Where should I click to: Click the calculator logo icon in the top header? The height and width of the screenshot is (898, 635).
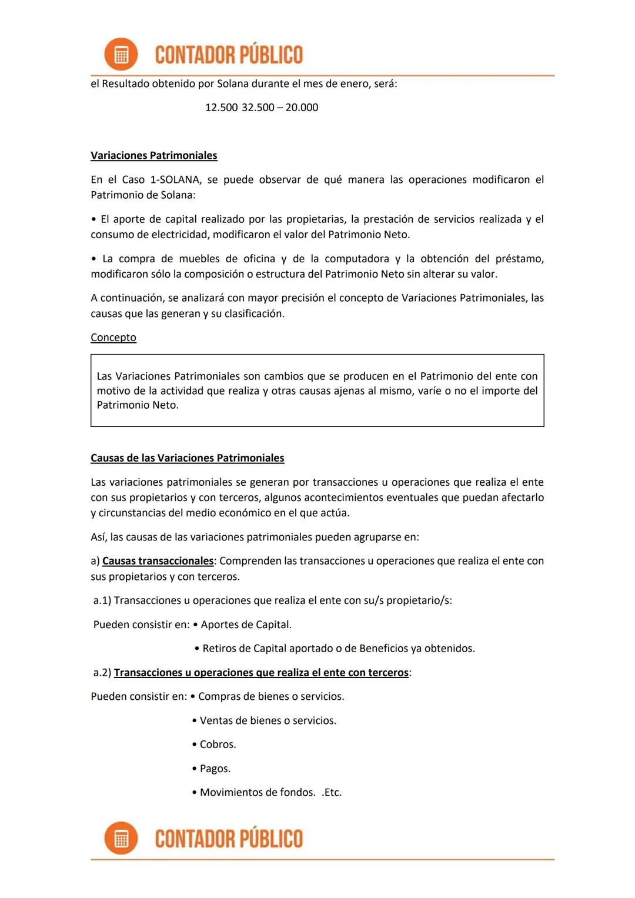[121, 55]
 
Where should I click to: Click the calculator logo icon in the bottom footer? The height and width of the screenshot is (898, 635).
[121, 838]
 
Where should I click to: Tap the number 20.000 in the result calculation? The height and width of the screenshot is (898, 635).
[302, 108]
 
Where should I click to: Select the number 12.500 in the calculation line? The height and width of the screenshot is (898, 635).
[221, 108]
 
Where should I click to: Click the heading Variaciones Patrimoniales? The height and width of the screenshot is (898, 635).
[153, 155]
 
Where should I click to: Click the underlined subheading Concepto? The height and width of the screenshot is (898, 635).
[113, 338]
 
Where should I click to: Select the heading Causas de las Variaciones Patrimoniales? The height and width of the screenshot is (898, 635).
[187, 458]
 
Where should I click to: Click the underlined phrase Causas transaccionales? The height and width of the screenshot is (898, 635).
[158, 561]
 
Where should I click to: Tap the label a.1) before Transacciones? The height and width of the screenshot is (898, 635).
[102, 600]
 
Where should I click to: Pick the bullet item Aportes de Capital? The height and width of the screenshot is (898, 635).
[246, 625]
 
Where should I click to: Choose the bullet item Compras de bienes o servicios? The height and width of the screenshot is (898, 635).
[270, 696]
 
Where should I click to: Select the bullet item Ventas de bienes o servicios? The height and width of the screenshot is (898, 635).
[268, 720]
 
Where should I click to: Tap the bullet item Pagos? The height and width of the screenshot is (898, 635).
[215, 769]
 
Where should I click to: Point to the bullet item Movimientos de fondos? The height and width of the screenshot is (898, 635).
[257, 792]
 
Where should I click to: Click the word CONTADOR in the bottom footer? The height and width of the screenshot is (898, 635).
[191, 838]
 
